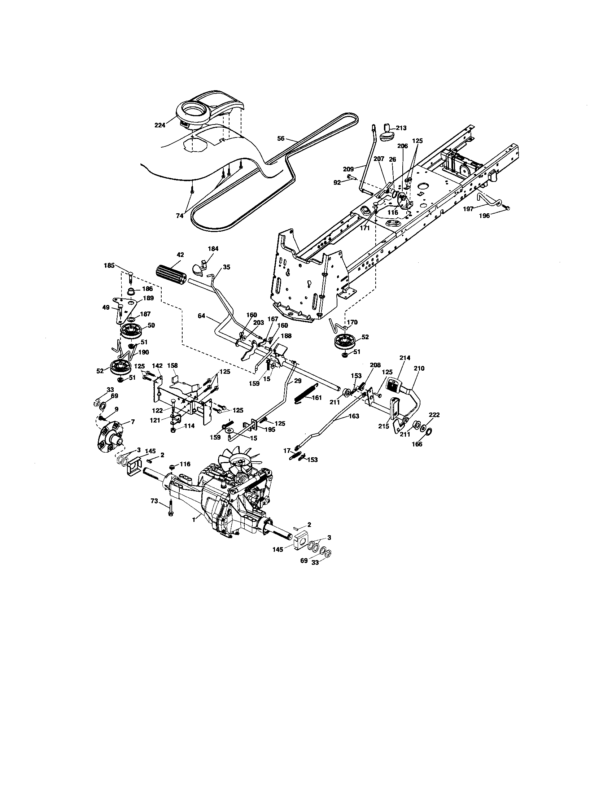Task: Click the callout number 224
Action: [159, 125]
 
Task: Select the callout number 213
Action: [402, 128]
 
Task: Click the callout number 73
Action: [154, 501]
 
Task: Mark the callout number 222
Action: [435, 415]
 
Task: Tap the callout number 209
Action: [349, 169]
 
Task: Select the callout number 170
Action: [352, 322]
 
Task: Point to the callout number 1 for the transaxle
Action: [194, 520]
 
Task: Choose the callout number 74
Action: [180, 215]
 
